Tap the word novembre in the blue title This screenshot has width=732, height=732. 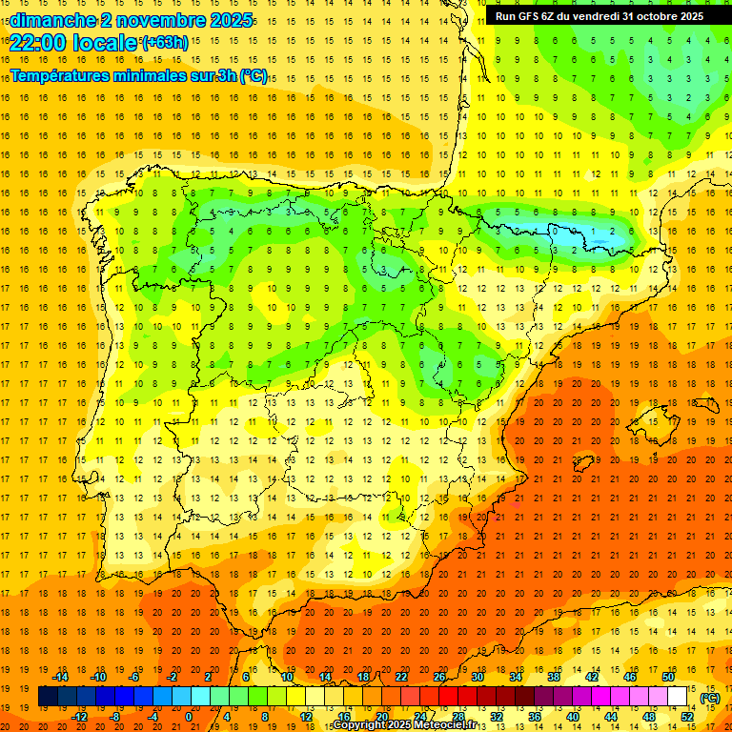coord(148,19)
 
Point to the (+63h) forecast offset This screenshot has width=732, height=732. coord(165,42)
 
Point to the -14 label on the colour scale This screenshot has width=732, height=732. coord(60,677)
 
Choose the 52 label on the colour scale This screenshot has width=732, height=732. coord(687,716)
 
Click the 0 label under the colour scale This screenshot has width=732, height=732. coord(189,716)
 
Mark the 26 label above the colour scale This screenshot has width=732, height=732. coord(439,677)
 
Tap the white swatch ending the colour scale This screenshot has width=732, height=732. coord(678,697)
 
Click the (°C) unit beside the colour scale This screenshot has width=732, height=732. coord(710,698)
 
